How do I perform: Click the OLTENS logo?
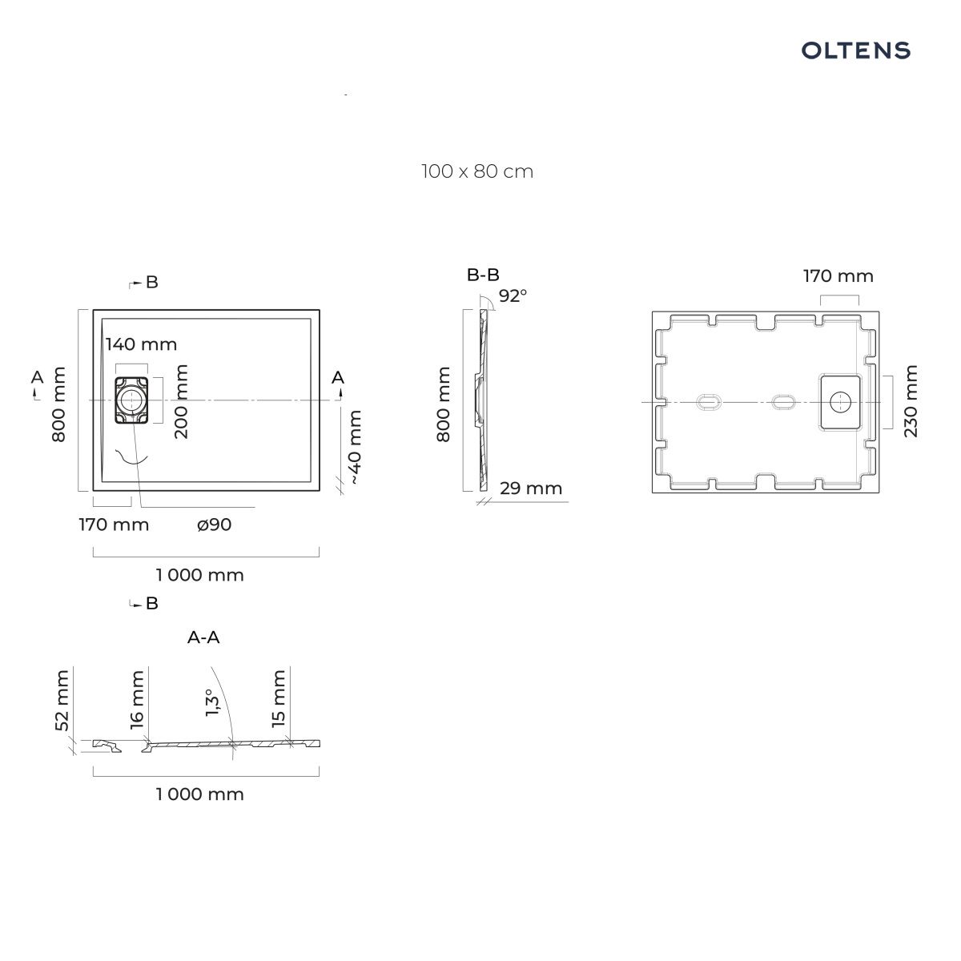(x=855, y=51)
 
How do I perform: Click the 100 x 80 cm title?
(x=477, y=171)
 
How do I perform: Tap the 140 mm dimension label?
(x=141, y=344)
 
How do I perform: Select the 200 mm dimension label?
(x=181, y=401)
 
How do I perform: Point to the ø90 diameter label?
(x=214, y=525)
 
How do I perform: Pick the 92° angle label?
(x=513, y=296)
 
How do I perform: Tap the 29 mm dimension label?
(x=531, y=488)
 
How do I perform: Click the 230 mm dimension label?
(x=911, y=401)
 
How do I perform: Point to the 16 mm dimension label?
(x=137, y=700)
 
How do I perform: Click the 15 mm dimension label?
(x=278, y=698)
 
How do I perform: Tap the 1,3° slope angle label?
(x=212, y=702)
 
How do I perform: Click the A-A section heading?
(x=203, y=637)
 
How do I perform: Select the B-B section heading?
(x=483, y=275)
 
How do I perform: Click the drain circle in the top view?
(x=131, y=400)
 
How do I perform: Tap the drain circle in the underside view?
(x=840, y=402)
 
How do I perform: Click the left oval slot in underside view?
(x=708, y=402)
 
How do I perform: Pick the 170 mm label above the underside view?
(x=838, y=276)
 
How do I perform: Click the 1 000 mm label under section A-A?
(x=199, y=794)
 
